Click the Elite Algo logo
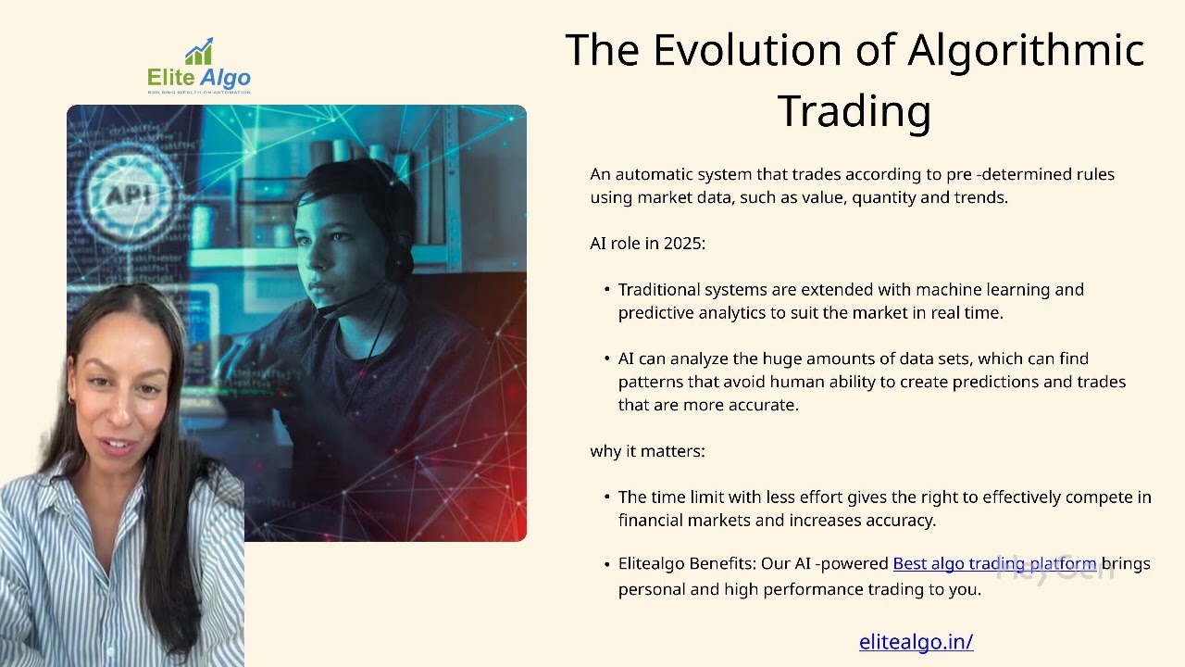(x=199, y=66)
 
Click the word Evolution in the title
(x=747, y=50)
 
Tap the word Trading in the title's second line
(x=854, y=111)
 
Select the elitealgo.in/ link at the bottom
(x=917, y=642)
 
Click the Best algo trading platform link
(x=994, y=564)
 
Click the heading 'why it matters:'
(x=647, y=451)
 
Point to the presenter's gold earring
(x=71, y=398)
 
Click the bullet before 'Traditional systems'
(x=606, y=290)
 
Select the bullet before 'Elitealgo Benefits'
(x=606, y=564)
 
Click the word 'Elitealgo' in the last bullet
(x=651, y=564)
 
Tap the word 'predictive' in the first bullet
(x=656, y=313)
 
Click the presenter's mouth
(x=119, y=445)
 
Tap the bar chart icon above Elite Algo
(x=199, y=51)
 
